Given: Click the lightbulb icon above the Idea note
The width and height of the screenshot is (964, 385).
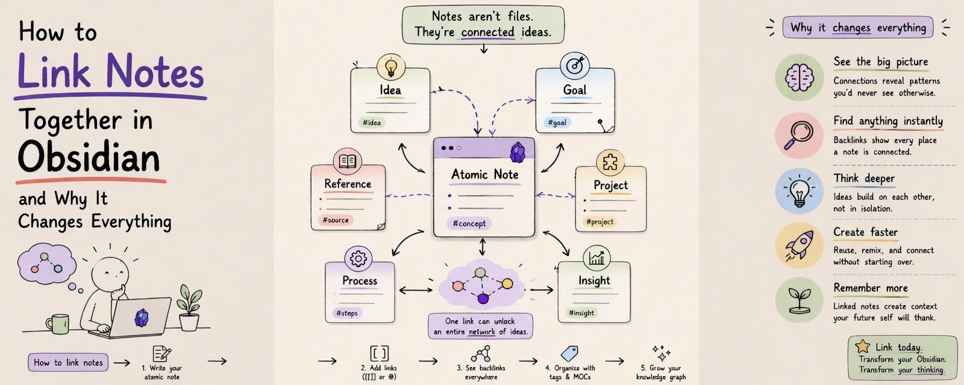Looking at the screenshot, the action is (391, 67).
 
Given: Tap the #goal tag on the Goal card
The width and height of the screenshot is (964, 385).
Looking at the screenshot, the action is (557, 123).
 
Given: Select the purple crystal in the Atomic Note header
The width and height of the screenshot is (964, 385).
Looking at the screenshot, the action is (518, 153).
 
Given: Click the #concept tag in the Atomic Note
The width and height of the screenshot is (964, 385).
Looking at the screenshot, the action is (469, 223).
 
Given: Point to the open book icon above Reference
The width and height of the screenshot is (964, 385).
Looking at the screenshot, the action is (347, 162).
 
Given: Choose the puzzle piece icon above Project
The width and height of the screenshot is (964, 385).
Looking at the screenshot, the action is (610, 163).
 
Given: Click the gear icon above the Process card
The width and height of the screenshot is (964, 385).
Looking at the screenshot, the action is (358, 259).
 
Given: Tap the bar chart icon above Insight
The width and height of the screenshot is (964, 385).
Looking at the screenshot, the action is (596, 258).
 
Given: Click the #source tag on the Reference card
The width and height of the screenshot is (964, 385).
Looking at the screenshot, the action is (336, 220).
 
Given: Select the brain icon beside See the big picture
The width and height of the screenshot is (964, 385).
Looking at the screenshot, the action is (799, 78).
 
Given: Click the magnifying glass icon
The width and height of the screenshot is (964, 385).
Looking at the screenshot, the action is (798, 135).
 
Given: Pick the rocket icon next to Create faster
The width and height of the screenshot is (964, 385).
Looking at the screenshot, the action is (799, 245).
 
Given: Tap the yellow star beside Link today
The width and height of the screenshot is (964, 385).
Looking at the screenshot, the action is (862, 346).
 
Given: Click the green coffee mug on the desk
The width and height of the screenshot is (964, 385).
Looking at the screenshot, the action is (58, 324).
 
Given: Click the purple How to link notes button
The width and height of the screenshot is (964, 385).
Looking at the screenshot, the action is (68, 362).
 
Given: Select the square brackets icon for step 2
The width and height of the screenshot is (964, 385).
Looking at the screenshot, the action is (379, 354).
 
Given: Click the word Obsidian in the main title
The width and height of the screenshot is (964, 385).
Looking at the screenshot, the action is (89, 157).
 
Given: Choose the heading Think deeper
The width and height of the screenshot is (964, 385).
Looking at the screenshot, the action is (864, 178).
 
